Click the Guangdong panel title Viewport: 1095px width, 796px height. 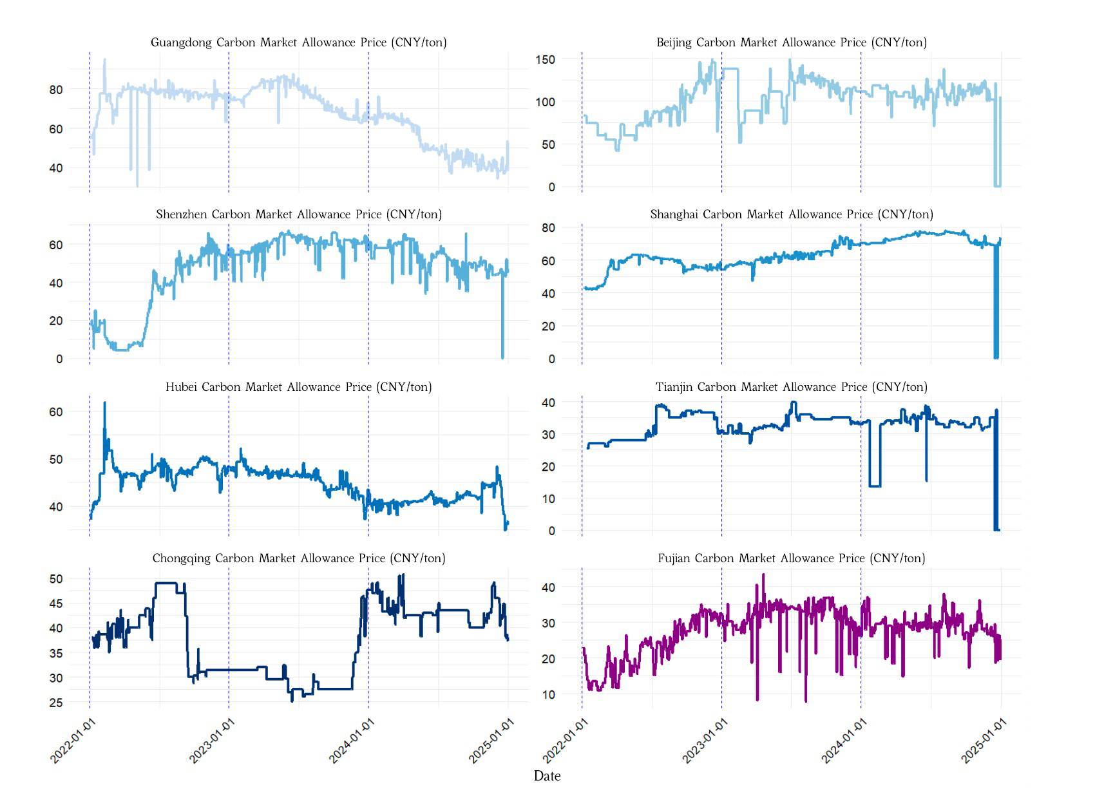click(298, 43)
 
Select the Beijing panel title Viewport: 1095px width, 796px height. click(791, 43)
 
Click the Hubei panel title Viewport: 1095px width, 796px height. click(298, 387)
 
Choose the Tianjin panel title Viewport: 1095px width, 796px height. click(791, 387)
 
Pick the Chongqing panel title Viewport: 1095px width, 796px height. click(298, 558)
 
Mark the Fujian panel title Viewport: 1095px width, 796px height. click(791, 558)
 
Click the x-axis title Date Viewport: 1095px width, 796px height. click(547, 776)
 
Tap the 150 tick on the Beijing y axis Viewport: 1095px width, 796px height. click(545, 59)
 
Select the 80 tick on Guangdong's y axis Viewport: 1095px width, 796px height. click(56, 90)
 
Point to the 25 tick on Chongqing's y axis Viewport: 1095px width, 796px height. click(56, 703)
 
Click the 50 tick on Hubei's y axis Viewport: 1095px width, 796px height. click(56, 460)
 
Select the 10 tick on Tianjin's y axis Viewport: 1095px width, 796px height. click(548, 499)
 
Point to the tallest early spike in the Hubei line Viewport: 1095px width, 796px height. click(104, 404)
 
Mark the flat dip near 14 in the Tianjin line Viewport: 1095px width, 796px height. click(875, 486)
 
